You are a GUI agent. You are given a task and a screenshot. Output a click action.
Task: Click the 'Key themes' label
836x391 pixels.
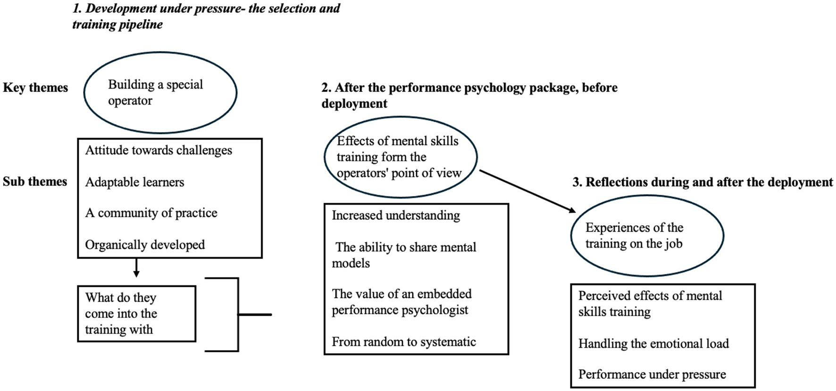tap(35, 88)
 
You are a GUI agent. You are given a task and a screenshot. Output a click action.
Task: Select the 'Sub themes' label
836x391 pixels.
tap(35, 182)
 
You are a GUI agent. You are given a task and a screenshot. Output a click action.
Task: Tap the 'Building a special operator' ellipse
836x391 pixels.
tap(160, 92)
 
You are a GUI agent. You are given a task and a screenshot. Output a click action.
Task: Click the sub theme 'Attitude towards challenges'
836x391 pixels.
tap(159, 150)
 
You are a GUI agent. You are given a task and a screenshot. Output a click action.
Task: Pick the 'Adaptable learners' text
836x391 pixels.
tap(134, 182)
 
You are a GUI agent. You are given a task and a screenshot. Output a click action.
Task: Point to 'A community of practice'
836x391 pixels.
tap(151, 213)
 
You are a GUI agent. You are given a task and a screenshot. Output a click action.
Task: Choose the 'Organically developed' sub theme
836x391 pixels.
tap(145, 245)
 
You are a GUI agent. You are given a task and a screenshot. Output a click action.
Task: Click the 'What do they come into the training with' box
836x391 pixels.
tap(136, 314)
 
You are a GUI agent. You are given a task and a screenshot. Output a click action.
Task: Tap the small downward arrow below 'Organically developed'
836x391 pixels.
tap(136, 268)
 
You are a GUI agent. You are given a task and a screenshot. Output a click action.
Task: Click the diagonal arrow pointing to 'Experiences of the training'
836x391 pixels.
tap(527, 191)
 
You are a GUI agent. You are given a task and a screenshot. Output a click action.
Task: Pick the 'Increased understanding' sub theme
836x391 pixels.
tap(396, 216)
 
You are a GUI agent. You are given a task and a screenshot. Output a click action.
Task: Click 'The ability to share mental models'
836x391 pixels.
tap(404, 255)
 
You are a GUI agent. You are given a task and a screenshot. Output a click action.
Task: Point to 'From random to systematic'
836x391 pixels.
tap(404, 342)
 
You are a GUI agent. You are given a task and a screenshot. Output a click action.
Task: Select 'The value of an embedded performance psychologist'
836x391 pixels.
tap(401, 302)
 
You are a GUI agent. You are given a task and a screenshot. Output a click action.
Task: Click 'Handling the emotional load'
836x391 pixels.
tap(653, 344)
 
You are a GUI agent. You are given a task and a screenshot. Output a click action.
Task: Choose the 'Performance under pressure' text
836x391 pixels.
tap(652, 374)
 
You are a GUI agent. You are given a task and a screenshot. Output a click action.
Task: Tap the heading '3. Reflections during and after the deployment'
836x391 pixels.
tap(702, 183)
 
